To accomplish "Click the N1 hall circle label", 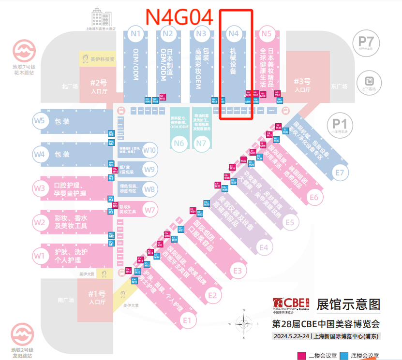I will pyautogui.click(x=135, y=34).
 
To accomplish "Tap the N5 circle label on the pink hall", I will pyautogui.click(x=266, y=34).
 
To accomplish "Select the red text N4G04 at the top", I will pyautogui.click(x=179, y=16).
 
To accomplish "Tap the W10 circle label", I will pyautogui.click(x=150, y=150).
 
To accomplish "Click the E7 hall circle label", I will pyautogui.click(x=340, y=173).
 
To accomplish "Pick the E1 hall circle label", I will pyautogui.click(x=188, y=320).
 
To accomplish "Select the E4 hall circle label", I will pyautogui.click(x=263, y=248).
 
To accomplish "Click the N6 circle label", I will pyautogui.click(x=179, y=143).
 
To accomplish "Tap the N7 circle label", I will pyautogui.click(x=201, y=143).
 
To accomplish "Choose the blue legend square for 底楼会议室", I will pyautogui.click(x=344, y=356).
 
